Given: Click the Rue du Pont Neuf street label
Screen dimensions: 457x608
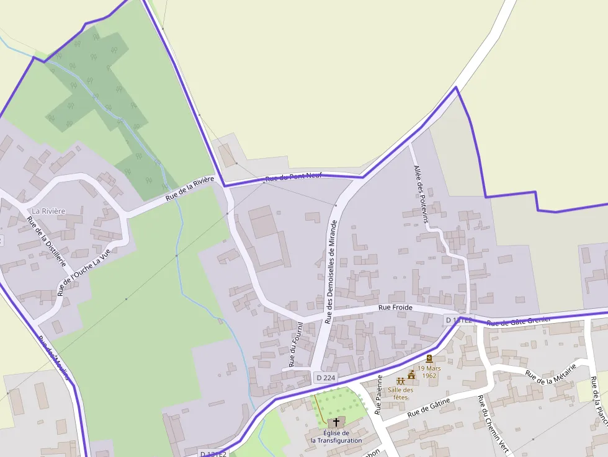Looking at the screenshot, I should [293, 178].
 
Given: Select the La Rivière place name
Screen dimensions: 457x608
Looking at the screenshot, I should [48, 211].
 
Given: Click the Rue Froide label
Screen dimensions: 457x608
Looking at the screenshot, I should [395, 307].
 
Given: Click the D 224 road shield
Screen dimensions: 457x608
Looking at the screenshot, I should [325, 378].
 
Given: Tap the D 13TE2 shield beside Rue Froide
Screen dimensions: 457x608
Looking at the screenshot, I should [458, 320].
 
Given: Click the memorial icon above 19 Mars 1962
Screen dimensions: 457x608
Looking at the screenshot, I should [429, 358].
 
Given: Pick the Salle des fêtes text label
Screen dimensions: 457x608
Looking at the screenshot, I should [400, 393].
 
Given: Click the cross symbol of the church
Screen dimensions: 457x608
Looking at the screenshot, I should [336, 422].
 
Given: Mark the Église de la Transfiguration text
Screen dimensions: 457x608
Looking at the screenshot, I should [336, 437].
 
